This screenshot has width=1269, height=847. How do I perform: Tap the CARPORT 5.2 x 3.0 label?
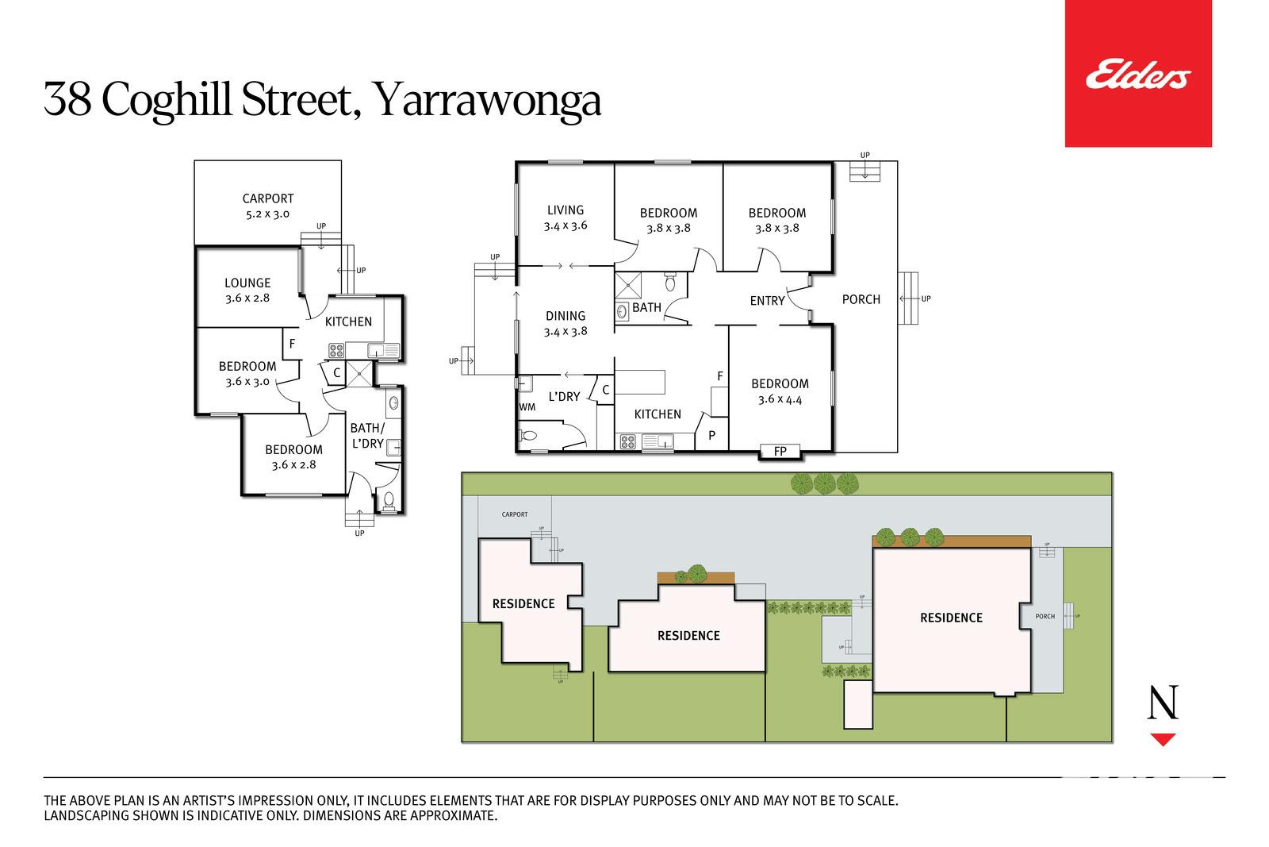pos(268,206)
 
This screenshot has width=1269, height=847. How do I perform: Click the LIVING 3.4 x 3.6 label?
pos(565,218)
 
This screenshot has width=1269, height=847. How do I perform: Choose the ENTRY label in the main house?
pos(767,301)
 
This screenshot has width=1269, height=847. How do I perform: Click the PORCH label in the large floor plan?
pos(861,299)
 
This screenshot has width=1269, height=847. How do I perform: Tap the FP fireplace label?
pos(780,451)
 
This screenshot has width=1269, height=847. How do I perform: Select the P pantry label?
pos(711,435)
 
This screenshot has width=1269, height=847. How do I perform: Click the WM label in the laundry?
pos(527,407)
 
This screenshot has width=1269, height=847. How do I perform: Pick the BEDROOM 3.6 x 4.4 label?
pos(780,391)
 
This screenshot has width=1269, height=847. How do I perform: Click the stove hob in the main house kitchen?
pos(627,441)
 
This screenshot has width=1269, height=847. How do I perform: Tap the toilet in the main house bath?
pos(670,283)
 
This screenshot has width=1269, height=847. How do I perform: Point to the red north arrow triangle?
pos(1163,739)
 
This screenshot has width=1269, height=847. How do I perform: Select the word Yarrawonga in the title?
pos(489,100)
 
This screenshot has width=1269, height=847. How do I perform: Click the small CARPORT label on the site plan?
pos(515,514)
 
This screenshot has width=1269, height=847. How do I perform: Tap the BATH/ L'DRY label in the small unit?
pos(368,435)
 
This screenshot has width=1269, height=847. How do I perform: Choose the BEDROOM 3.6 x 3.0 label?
pos(247,374)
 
